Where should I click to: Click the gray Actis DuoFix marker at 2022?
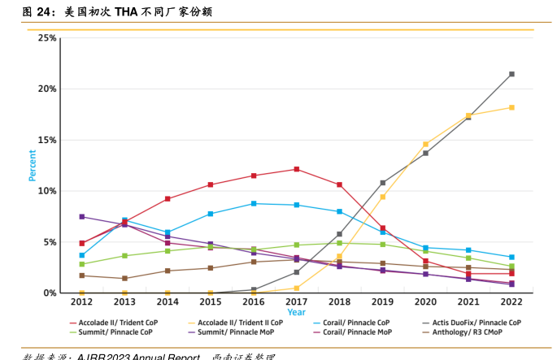tap(511, 74)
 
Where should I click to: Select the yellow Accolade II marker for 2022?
tap(511, 107)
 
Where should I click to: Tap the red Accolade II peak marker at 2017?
tap(297, 169)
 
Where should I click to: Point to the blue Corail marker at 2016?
tap(254, 203)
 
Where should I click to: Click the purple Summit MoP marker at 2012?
tap(82, 217)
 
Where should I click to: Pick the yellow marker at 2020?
tap(425, 144)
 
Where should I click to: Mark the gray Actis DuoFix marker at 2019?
tap(383, 183)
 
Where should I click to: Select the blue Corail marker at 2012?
tap(82, 255)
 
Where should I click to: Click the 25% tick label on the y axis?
tap(46, 38)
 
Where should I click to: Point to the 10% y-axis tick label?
tap(46, 191)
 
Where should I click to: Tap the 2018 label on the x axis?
tap(339, 301)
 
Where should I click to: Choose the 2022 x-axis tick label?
tap(511, 301)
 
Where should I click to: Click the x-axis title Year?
tap(296, 312)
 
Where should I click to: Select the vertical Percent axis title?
tap(33, 165)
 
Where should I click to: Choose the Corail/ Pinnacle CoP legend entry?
tap(363, 323)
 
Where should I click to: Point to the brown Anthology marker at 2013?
tap(124, 279)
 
